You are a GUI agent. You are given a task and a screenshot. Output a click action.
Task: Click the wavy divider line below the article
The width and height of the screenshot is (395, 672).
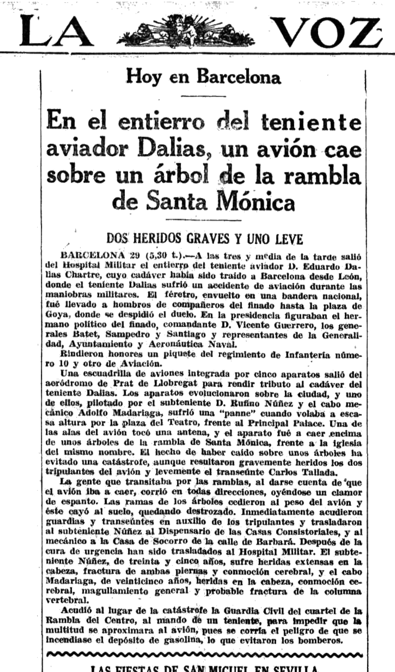click(204, 655)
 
